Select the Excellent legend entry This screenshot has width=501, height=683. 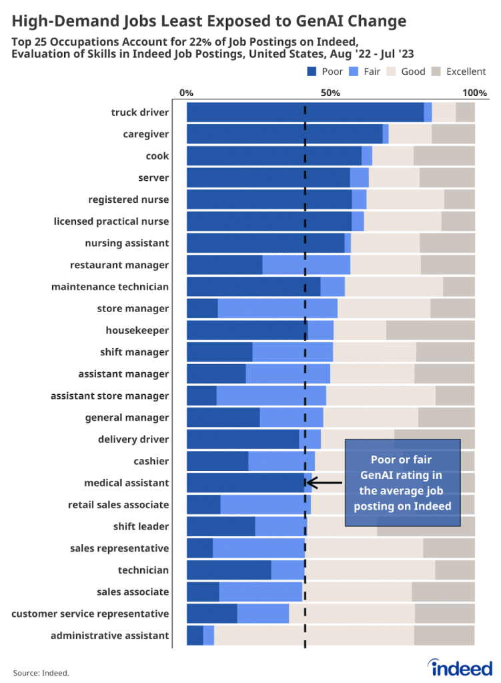click(460, 71)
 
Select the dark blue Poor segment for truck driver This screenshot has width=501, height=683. click(305, 113)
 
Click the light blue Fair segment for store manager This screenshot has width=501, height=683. click(278, 309)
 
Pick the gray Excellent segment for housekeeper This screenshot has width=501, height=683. click(430, 330)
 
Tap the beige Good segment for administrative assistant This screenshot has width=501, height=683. click(314, 636)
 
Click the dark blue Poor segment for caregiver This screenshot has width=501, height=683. click(284, 134)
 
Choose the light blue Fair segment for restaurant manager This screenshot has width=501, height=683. click(306, 265)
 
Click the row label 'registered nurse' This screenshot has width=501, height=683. click(128, 199)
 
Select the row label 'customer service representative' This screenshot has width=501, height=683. click(90, 614)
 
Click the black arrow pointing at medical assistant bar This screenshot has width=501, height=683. click(326, 482)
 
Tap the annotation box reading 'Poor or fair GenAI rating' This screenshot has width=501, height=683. click(402, 482)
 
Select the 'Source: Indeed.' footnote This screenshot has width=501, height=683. click(41, 672)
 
